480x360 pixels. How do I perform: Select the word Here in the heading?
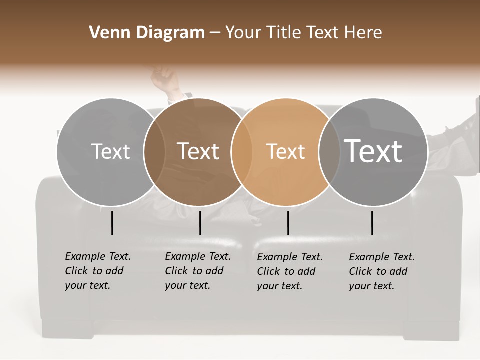[363, 33]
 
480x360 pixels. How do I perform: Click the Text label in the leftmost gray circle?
[110, 151]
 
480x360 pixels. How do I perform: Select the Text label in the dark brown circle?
[198, 151]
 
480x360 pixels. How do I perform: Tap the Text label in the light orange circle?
[285, 151]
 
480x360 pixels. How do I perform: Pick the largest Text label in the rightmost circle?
[373, 151]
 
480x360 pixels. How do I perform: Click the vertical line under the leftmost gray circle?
[112, 223]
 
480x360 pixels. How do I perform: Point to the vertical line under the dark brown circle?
[200, 223]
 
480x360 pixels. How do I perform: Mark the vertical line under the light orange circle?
[288, 223]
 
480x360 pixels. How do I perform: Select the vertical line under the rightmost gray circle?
[372, 223]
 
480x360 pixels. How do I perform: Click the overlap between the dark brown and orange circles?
[242, 152]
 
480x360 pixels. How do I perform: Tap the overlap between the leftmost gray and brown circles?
[154, 152]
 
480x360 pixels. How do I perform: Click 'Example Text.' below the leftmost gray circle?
[98, 256]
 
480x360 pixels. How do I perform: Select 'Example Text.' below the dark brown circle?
[198, 256]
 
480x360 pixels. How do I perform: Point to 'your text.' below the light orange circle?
[279, 286]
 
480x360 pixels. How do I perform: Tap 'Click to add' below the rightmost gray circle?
[378, 271]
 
